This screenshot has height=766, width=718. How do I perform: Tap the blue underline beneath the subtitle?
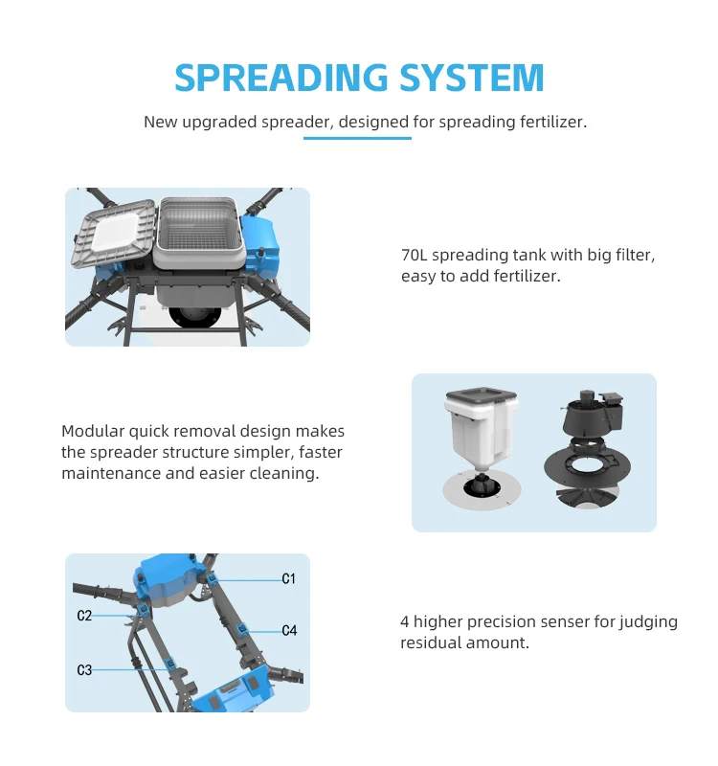[x=357, y=139]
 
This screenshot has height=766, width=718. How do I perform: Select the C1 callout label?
[x=288, y=578]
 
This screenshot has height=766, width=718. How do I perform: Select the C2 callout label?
[x=84, y=616]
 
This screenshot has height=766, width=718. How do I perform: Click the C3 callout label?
[x=84, y=669]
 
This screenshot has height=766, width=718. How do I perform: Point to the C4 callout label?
[x=289, y=630]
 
